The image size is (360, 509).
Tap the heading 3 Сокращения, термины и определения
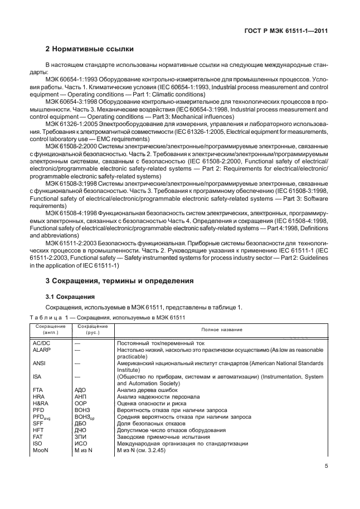point(120,281)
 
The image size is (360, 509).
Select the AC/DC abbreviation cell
point(43,343)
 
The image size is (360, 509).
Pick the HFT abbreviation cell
point(39,430)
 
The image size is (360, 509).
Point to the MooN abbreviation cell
point(41,450)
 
